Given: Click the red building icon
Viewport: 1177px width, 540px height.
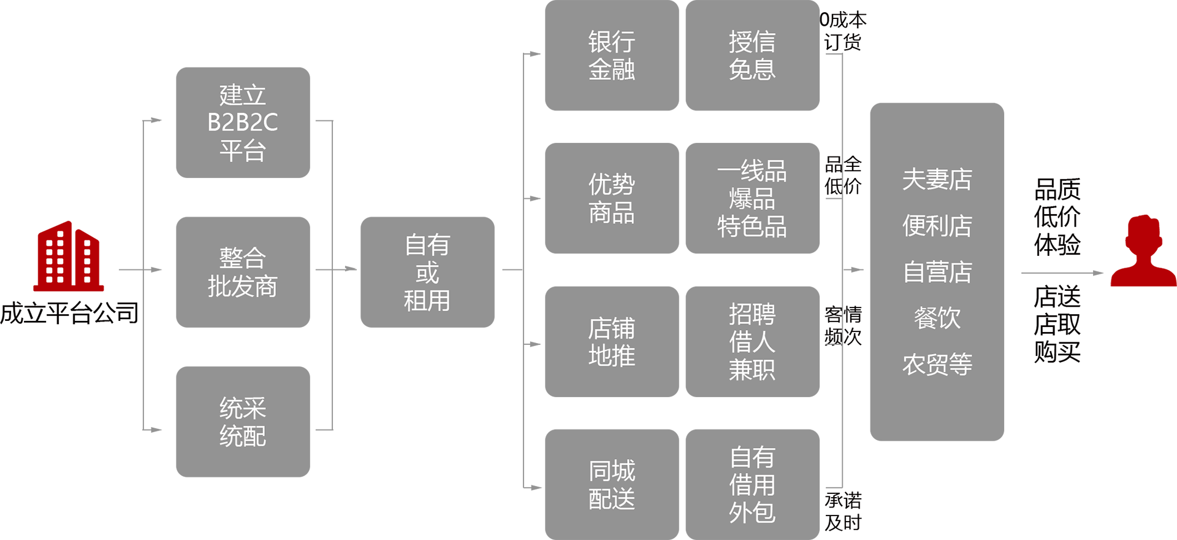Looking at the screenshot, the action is [69, 256].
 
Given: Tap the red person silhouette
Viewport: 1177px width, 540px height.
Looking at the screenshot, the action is [1143, 250].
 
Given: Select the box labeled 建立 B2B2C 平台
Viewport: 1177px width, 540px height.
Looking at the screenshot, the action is [243, 123].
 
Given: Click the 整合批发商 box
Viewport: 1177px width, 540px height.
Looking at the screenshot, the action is [243, 272].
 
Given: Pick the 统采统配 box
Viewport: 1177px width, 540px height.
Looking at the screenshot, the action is [243, 422].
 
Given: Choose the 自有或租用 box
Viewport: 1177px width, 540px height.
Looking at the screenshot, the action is [427, 272].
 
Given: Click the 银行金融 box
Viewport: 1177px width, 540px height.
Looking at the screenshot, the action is [612, 55].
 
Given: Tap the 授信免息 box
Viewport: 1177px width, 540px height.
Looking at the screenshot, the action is [752, 55].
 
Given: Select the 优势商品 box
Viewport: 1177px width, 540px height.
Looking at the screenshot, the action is [612, 198].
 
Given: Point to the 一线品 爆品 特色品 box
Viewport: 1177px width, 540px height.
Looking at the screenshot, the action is [752, 198].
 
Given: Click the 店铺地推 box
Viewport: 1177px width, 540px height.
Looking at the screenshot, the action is [612, 342].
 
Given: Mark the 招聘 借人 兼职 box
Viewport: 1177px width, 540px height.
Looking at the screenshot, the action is [752, 342].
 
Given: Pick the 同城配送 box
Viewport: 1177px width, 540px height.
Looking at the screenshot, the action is [612, 485].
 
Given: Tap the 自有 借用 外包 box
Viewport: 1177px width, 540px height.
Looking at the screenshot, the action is [752, 485].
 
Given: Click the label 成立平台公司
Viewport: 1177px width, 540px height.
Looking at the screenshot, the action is [69, 313].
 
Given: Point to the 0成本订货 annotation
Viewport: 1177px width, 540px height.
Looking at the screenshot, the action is [843, 31].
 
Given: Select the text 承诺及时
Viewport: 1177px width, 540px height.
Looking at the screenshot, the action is [843, 511].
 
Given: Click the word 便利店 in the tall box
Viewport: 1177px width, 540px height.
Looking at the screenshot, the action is [937, 226].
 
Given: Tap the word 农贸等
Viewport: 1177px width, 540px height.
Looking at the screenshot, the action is [937, 364].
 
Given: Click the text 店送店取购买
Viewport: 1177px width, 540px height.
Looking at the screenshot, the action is [1057, 324].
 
